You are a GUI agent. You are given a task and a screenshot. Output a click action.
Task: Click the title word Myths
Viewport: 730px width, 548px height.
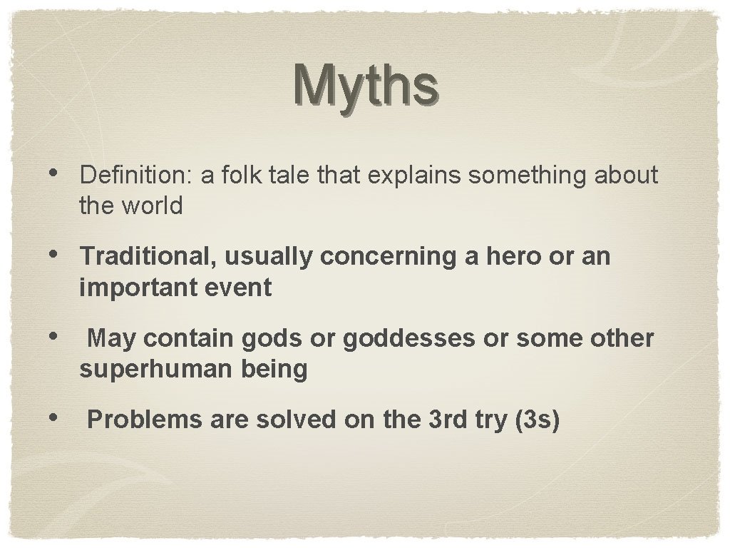pos(364,86)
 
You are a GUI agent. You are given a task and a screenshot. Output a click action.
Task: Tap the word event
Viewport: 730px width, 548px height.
pos(240,288)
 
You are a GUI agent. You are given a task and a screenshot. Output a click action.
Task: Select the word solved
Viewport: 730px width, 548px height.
pos(296,420)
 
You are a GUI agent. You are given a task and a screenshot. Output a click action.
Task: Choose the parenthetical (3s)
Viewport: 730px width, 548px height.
pos(535,420)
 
